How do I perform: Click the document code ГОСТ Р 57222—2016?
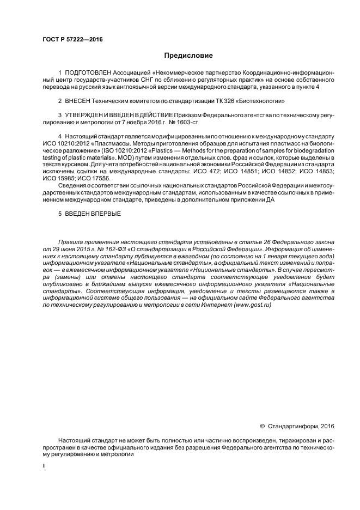point(72,39)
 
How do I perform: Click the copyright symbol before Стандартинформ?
point(263,426)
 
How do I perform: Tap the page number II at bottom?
point(45,466)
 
